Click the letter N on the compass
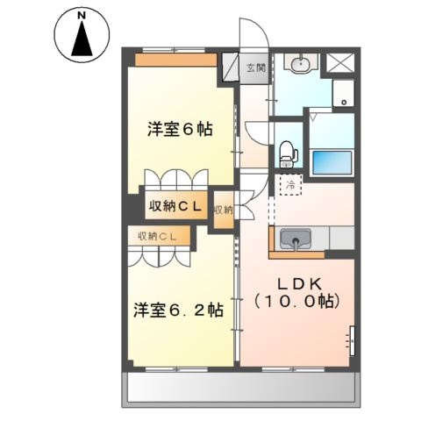click(x=82, y=17)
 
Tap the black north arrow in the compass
click(x=82, y=39)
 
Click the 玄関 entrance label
click(x=256, y=68)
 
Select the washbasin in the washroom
click(x=301, y=63)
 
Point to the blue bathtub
click(x=332, y=162)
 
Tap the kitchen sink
click(x=296, y=239)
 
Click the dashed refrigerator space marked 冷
click(x=290, y=184)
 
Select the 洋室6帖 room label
click(x=180, y=129)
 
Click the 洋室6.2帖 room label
click(x=179, y=310)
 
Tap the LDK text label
click(x=296, y=283)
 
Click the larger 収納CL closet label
click(x=175, y=207)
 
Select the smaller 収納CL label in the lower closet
click(x=158, y=236)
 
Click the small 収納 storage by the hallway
click(x=224, y=210)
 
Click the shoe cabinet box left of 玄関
click(x=231, y=67)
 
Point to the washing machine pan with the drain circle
click(x=344, y=93)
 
